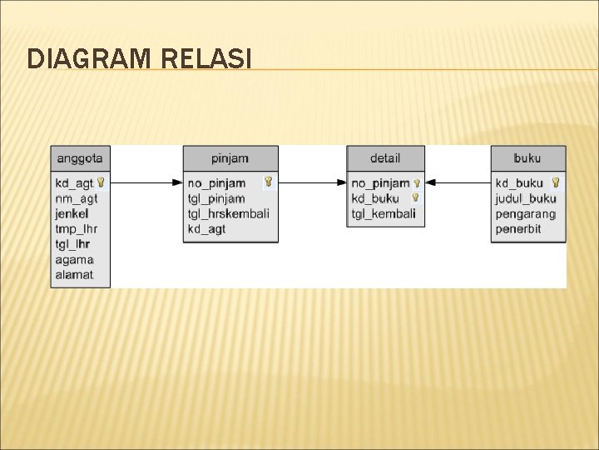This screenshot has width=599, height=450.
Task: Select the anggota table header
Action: [80, 157]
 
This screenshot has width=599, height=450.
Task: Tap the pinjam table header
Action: [230, 157]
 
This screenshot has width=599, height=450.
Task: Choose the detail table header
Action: [385, 157]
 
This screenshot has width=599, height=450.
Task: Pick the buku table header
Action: [527, 157]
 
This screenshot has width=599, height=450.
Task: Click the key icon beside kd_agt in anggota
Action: [100, 182]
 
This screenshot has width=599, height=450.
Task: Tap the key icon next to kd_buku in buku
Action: [555, 182]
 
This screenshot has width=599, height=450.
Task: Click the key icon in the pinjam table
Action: [268, 182]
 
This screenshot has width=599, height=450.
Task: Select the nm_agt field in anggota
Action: [76, 198]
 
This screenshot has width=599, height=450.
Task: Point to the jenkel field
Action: [72, 213]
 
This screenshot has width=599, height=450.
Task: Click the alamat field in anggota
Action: [74, 274]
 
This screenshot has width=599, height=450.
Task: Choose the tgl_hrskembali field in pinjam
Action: [228, 213]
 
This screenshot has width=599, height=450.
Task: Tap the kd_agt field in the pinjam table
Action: [206, 228]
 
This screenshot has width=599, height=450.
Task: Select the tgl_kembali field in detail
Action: [383, 213]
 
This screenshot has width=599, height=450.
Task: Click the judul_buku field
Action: [525, 198]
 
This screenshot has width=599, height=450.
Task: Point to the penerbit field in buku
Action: [517, 228]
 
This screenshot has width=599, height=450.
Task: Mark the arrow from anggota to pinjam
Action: [146, 182]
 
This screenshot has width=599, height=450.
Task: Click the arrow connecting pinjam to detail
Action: [313, 182]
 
